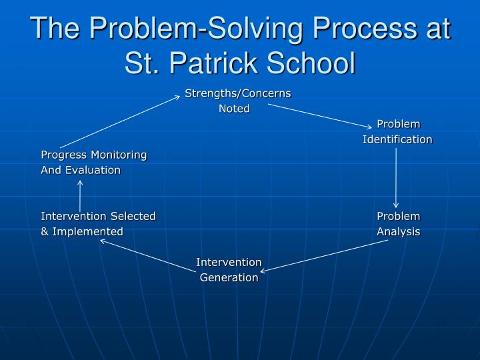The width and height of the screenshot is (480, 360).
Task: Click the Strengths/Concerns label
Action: [238, 93]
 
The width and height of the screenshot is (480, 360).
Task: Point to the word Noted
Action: [235, 109]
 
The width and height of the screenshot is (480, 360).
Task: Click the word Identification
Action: [397, 139]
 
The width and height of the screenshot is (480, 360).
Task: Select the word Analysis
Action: [399, 231]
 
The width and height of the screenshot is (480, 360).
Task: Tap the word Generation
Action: [229, 277]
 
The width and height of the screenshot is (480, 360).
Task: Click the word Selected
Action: [133, 216]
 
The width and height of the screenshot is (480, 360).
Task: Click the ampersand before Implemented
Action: [45, 232]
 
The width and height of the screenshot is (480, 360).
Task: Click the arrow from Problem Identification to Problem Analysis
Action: [396, 178]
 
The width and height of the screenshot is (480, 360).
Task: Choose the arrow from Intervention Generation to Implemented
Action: [147, 255]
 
